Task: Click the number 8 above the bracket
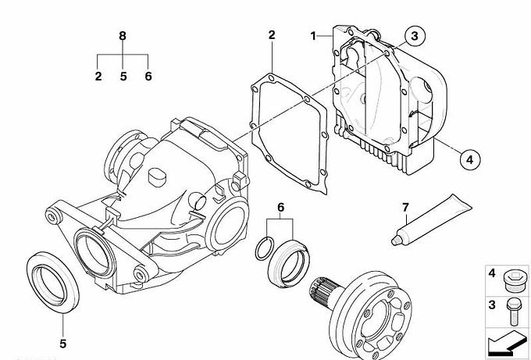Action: click(123, 36)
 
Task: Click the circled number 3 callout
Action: click(414, 36)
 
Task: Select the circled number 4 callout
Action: click(470, 159)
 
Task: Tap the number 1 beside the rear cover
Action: click(314, 36)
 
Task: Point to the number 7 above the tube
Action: click(405, 208)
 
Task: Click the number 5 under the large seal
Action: click(63, 344)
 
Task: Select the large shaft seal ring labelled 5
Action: click(53, 282)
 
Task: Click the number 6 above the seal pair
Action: click(281, 207)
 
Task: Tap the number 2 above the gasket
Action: click(272, 35)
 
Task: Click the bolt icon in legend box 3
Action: click(512, 312)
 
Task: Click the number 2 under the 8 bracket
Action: click(98, 77)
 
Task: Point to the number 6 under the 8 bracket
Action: click(148, 77)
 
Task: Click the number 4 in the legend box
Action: click(492, 273)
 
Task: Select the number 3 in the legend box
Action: click(492, 305)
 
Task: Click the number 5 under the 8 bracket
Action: click(123, 77)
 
